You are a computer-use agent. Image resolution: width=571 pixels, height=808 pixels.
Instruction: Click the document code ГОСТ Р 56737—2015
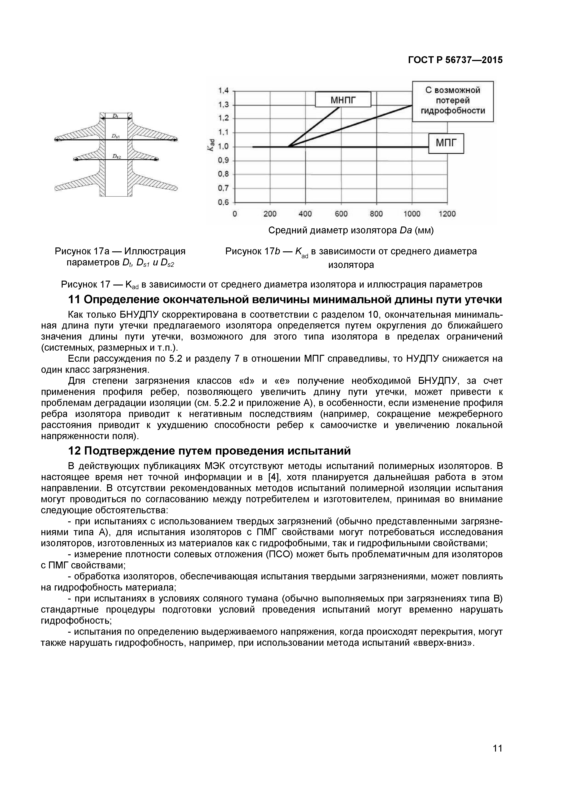(x=455, y=60)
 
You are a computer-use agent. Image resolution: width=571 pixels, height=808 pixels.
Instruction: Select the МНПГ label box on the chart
(x=343, y=100)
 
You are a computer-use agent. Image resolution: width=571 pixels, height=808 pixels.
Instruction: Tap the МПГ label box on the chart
(x=446, y=143)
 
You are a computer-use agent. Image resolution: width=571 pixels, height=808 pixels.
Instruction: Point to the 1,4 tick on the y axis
(x=223, y=91)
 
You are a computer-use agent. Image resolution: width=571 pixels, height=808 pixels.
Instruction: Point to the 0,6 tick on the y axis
(x=223, y=202)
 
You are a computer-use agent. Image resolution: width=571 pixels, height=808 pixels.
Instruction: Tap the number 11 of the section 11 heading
(x=74, y=300)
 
